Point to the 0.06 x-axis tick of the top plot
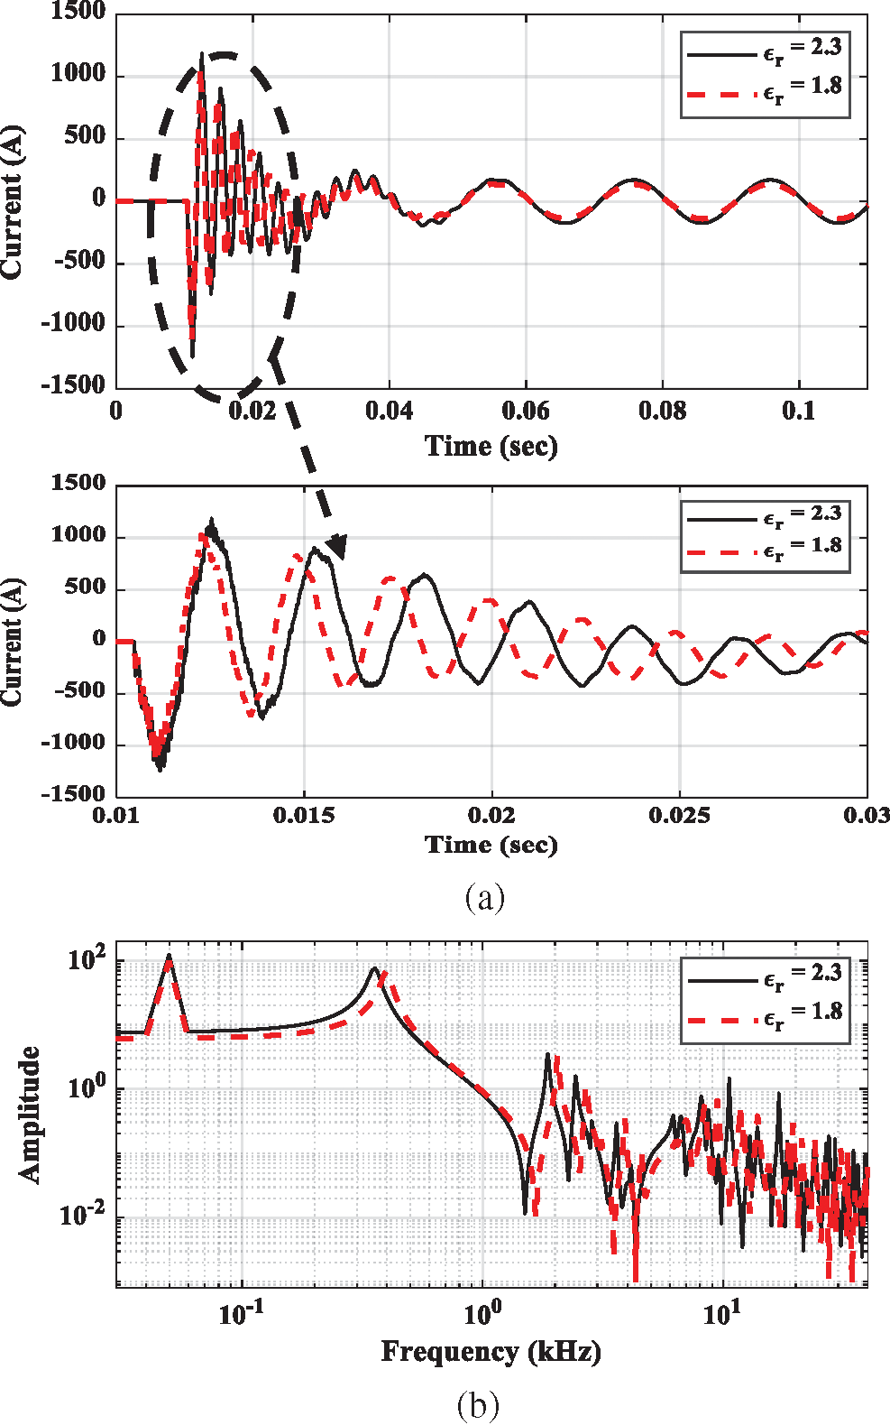pos(525,412)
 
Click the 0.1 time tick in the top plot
pos(798,412)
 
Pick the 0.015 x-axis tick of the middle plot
pos(303,816)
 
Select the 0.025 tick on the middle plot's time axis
pos(679,816)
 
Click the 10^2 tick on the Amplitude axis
pos(87,959)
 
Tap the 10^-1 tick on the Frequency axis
pos(241,1314)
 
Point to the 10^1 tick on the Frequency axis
pos(721,1314)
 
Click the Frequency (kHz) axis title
pos(491,1351)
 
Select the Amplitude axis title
pos(31,1115)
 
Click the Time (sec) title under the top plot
pos(491,446)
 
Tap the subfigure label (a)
pos(484,897)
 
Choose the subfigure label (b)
pos(478,1405)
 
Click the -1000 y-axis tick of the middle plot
pos(74,743)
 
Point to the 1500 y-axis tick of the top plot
pos(78,12)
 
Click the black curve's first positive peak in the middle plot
pos(211,522)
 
